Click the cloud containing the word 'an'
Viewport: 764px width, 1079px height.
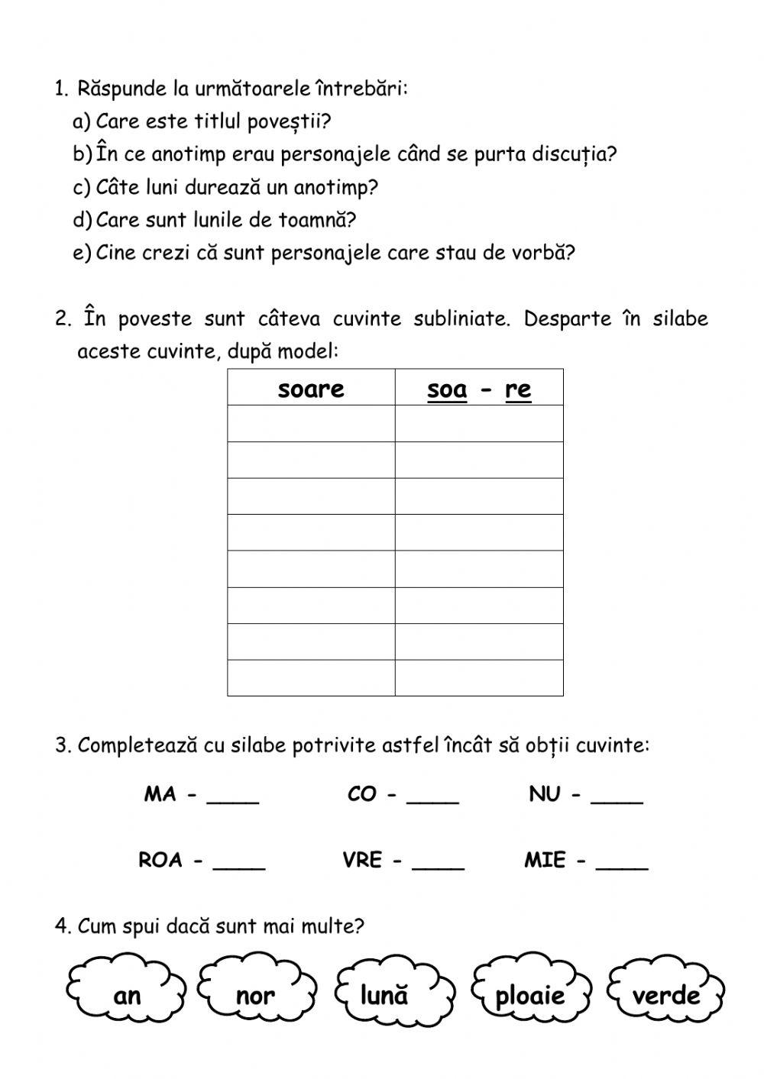click(x=126, y=994)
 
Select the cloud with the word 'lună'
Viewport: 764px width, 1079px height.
click(x=384, y=994)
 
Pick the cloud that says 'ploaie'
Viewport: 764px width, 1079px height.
click(x=529, y=994)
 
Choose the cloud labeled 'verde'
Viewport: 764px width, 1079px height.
click(x=665, y=994)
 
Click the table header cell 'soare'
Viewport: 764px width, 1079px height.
click(x=311, y=389)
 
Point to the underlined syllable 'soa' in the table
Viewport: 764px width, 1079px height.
click(x=447, y=389)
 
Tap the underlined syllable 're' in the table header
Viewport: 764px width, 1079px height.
click(x=518, y=389)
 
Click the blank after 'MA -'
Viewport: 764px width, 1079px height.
click(x=233, y=799)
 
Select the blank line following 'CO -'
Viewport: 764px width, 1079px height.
click(x=432, y=799)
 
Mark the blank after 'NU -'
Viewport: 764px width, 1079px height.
click(x=617, y=799)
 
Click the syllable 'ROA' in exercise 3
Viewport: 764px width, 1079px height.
click(x=160, y=861)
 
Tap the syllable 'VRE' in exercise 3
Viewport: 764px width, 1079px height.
click(x=362, y=861)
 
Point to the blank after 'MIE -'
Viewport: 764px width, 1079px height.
click(x=622, y=864)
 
